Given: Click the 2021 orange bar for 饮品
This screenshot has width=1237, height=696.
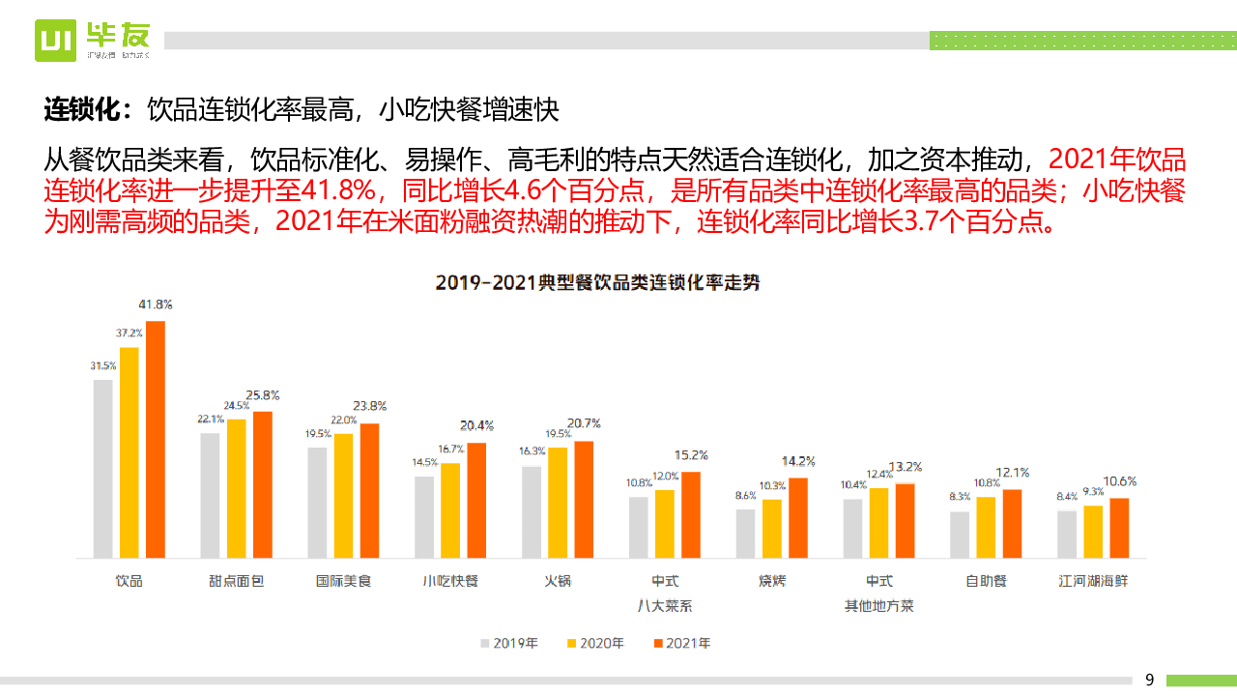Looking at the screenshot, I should (156, 439).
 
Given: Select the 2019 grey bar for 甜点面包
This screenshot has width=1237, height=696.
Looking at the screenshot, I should (210, 495).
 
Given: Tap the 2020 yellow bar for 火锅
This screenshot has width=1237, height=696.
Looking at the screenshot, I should (558, 503).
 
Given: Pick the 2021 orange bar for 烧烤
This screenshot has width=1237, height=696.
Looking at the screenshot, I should (798, 517).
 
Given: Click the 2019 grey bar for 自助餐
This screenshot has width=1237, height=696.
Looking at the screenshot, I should (960, 535).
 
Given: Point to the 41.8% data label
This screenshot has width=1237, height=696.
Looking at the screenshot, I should (156, 304).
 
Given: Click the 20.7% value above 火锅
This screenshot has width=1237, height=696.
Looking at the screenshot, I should (585, 423).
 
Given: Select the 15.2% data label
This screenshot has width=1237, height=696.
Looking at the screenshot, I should (692, 454).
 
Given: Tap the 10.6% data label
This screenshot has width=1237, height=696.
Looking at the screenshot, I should (1120, 481).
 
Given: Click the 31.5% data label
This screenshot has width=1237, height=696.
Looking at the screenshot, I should (102, 365).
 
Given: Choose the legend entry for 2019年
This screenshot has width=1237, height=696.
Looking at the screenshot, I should (510, 643).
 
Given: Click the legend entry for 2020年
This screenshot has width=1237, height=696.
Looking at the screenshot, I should (595, 643).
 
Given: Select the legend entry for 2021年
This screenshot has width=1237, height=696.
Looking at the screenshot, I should (682, 643).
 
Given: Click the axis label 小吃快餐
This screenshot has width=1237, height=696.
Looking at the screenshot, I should (450, 581).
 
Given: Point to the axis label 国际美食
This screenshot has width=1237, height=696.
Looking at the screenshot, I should (343, 581).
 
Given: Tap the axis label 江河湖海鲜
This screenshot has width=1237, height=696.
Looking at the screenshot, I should (1093, 581).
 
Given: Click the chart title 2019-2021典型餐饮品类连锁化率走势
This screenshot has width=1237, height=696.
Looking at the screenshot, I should (597, 282).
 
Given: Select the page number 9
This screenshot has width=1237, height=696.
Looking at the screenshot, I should (1149, 680).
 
